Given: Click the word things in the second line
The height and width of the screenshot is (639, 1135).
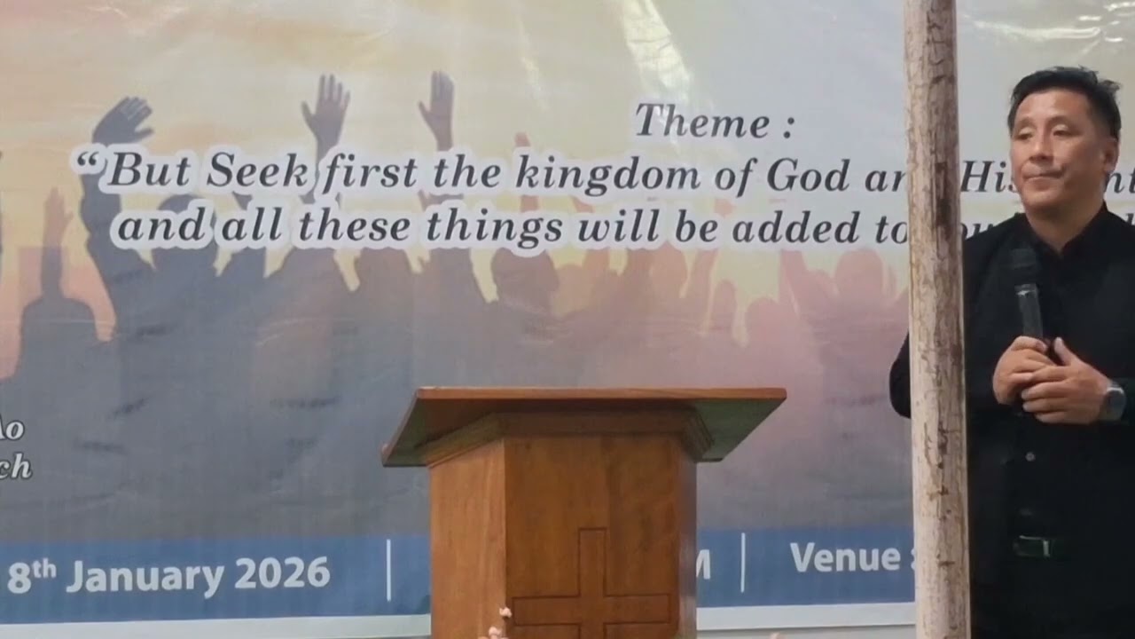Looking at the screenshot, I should [494, 228].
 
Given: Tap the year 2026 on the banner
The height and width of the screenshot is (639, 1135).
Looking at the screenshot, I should [283, 575].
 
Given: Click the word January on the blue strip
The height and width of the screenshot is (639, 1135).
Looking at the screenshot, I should [145, 577].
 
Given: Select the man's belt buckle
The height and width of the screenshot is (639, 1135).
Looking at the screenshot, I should [1032, 546].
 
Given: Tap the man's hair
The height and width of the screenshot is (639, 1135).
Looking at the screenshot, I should [1064, 89].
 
